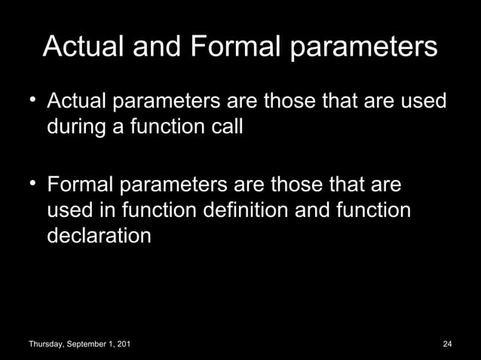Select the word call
(x=225, y=127)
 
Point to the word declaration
(x=99, y=236)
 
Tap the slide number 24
(x=447, y=344)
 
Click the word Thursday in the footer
(x=47, y=344)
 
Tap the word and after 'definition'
(x=312, y=210)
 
